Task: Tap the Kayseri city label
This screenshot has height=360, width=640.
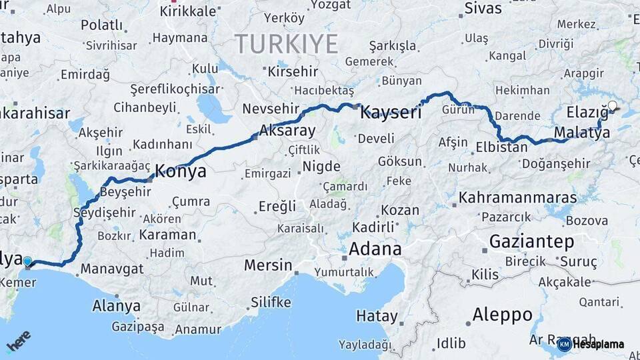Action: [x=391, y=113]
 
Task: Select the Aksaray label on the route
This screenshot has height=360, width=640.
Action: [x=287, y=130]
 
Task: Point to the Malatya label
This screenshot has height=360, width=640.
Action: [x=581, y=133]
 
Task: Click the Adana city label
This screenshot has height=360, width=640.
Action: [x=376, y=249]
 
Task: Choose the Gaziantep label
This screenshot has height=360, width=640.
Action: [x=531, y=241]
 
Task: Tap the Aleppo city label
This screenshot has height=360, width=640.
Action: [x=502, y=314]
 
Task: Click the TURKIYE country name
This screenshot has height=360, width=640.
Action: [x=287, y=44]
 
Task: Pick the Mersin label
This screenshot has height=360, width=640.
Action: [x=268, y=265]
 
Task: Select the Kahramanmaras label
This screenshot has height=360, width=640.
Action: [x=518, y=198]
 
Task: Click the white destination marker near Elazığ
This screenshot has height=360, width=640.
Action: [x=613, y=105]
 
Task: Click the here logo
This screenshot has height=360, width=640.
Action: [x=19, y=342]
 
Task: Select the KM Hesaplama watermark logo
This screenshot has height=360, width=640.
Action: [x=591, y=344]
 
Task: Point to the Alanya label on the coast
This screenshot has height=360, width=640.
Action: [x=117, y=306]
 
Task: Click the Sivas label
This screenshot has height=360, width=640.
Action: [x=483, y=9]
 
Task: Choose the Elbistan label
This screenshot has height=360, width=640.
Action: [x=501, y=147]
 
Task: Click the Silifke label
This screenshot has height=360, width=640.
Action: [x=271, y=303]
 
